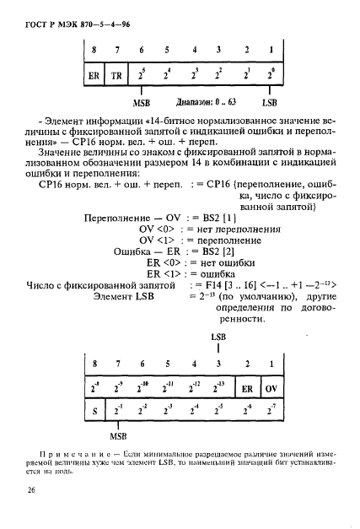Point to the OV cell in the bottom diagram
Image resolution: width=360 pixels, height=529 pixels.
coord(269,390)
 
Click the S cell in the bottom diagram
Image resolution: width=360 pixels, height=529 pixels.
coord(94,412)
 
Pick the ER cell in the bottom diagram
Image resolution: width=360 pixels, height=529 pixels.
coord(248,390)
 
